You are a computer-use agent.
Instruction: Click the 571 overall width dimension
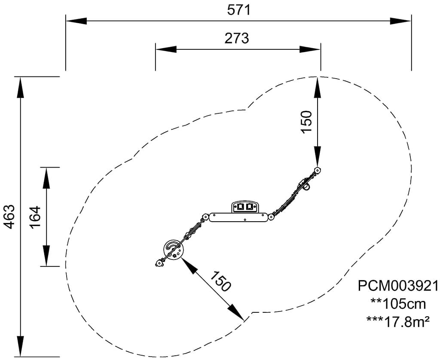coord(238,9)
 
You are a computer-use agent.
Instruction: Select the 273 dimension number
coord(236,38)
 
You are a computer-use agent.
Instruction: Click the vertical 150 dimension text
coord(306,122)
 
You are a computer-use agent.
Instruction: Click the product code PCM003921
coord(398,286)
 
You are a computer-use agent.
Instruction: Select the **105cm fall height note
coord(398,304)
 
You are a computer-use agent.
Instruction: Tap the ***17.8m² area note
coord(398,321)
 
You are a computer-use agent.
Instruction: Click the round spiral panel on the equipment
coord(173,249)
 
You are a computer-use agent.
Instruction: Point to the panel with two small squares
coord(245,207)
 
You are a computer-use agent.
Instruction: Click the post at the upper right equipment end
coord(318,171)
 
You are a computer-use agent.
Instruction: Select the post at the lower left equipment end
coord(159,263)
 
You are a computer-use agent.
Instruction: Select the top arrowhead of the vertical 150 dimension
coord(317,85)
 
